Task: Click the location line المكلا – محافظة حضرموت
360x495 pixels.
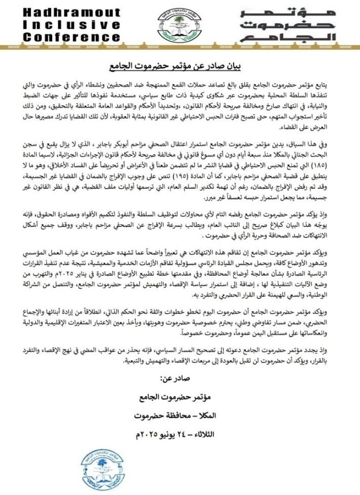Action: coord(181,415)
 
